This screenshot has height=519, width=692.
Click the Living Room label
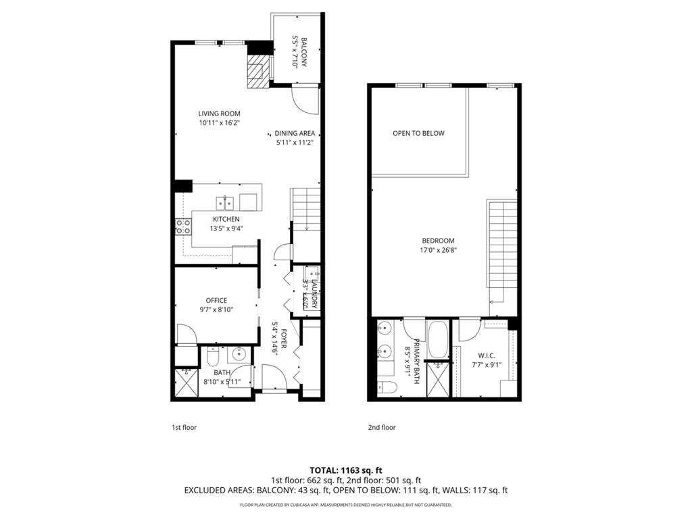pyautogui.click(x=219, y=114)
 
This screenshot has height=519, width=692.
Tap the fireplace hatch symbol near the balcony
pyautogui.click(x=257, y=72)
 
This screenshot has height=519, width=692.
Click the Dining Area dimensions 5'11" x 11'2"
pyautogui.click(x=295, y=143)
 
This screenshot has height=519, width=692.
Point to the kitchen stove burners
pyautogui.click(x=183, y=226)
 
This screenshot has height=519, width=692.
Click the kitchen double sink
pyautogui.click(x=225, y=202)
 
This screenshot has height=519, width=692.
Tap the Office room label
pyautogui.click(x=216, y=300)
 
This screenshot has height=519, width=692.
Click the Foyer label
pyautogui.click(x=285, y=338)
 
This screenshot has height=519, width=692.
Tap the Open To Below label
pyautogui.click(x=418, y=133)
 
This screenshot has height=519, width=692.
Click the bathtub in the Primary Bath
pyautogui.click(x=438, y=339)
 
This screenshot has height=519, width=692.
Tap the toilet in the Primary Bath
pyautogui.click(x=387, y=389)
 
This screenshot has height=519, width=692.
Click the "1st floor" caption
pyautogui.click(x=184, y=427)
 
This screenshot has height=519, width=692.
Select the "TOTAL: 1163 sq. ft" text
pyautogui.click(x=345, y=470)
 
